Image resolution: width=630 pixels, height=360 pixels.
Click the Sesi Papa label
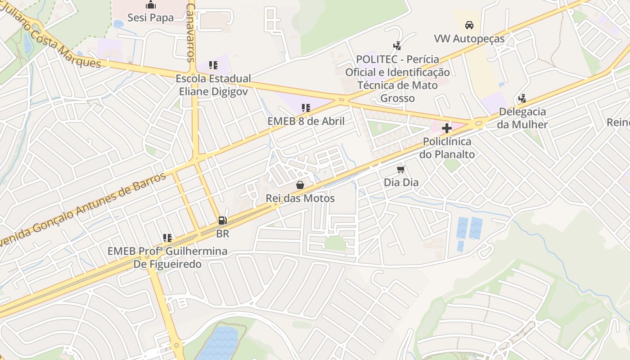click(x=150, y=18)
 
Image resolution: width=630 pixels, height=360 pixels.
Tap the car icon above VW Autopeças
click(x=469, y=25)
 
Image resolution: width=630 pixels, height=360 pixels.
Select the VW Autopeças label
click(x=469, y=39)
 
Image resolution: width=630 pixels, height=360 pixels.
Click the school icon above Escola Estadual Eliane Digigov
click(x=213, y=65)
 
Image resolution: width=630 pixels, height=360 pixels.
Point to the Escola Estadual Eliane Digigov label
click(x=213, y=85)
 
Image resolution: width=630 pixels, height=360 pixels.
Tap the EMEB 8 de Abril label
click(x=306, y=121)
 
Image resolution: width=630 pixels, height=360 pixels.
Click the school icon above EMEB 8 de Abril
click(x=306, y=108)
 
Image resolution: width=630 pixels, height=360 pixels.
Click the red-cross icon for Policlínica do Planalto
click(x=446, y=129)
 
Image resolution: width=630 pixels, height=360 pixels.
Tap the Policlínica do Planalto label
click(x=446, y=148)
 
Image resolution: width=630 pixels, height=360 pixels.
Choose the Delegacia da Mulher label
click(x=522, y=118)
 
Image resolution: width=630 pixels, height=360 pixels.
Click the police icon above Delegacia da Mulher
click(x=522, y=98)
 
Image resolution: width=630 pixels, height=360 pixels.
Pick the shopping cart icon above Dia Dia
click(x=401, y=169)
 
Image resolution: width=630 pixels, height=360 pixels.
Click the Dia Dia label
click(x=401, y=182)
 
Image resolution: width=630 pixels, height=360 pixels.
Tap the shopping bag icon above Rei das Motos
click(x=300, y=185)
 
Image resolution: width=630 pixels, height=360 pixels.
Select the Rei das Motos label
click(x=300, y=198)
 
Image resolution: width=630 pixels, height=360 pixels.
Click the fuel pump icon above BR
click(x=222, y=220)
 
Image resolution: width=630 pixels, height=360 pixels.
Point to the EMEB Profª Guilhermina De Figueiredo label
click(x=167, y=257)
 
